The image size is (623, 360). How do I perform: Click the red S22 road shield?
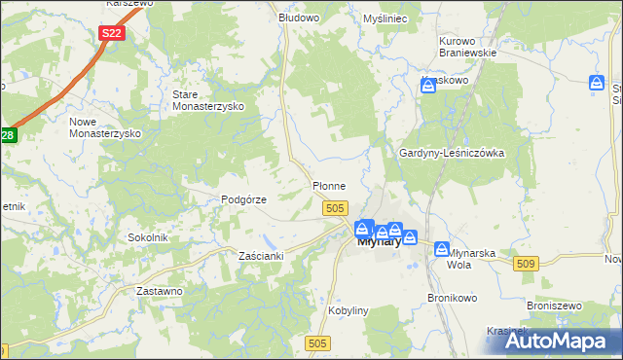112,33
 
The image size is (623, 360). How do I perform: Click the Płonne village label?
328,185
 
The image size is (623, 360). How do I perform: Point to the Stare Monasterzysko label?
207,100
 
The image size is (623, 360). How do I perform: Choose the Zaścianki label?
261,256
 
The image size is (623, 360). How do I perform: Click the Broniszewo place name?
554,305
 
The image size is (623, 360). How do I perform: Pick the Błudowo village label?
299,18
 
